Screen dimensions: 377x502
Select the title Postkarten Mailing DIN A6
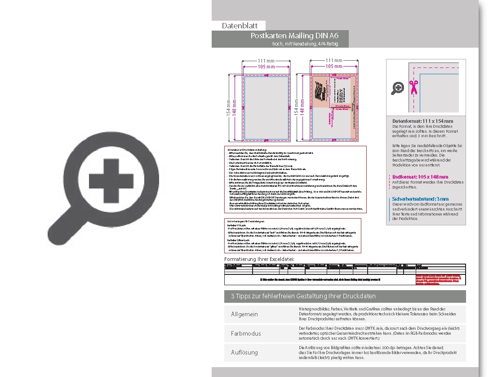pos(294,36)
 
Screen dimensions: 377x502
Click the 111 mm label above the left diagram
pos(266,61)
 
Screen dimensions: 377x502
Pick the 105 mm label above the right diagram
pos(334,67)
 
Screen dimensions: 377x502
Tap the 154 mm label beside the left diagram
pos(228,107)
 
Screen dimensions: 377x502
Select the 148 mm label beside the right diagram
pos(302,107)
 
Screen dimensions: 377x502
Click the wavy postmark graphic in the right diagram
pos(320,92)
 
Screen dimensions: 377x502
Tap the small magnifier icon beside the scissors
pos(398,88)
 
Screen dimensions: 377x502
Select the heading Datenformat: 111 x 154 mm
pos(422,121)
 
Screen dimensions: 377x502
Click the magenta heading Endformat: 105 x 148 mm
pos(420,177)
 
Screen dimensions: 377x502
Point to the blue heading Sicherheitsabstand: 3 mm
pos(420,199)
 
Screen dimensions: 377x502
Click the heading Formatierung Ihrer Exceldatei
pos(259,259)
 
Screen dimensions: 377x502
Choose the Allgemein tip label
pos(244,314)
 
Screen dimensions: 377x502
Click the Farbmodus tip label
pos(246,333)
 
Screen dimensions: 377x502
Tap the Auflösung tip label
pos(244,352)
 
